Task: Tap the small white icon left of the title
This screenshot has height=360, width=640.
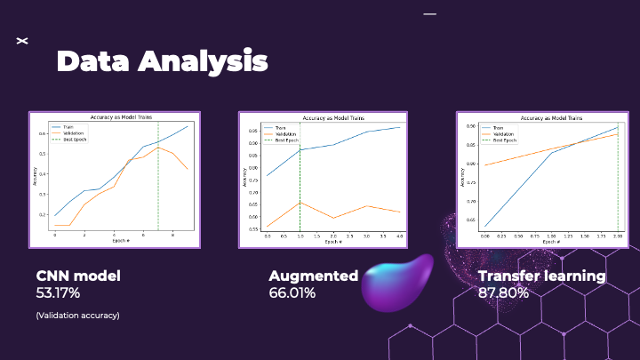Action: click(x=23, y=41)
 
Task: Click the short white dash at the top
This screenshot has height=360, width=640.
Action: click(x=430, y=14)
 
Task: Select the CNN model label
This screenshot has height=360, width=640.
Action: click(x=78, y=276)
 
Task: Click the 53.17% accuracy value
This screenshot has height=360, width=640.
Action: click(x=59, y=292)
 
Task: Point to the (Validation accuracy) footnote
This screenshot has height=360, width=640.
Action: click(x=77, y=315)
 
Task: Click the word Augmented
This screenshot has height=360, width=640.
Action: click(x=313, y=276)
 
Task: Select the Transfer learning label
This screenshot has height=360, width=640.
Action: click(x=541, y=276)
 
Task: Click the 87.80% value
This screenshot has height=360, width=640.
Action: click(x=503, y=292)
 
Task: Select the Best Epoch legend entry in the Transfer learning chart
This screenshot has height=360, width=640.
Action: click(x=504, y=140)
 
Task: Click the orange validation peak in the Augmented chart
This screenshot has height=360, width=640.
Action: click(x=300, y=203)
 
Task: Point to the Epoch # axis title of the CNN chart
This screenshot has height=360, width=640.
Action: click(x=121, y=242)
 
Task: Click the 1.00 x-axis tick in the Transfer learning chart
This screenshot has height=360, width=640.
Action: click(x=551, y=236)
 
